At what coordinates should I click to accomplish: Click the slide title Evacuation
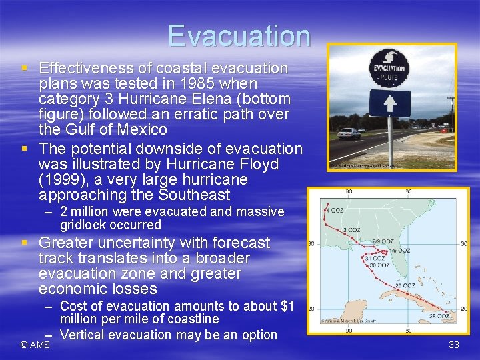click(x=239, y=36)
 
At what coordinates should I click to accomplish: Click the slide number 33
click(x=454, y=345)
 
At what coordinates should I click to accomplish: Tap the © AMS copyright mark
click(x=35, y=345)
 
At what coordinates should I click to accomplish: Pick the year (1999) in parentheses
click(x=65, y=180)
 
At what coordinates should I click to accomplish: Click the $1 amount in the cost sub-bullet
click(x=286, y=306)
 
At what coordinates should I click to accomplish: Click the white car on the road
click(x=349, y=133)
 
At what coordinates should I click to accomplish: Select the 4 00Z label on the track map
click(x=335, y=210)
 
